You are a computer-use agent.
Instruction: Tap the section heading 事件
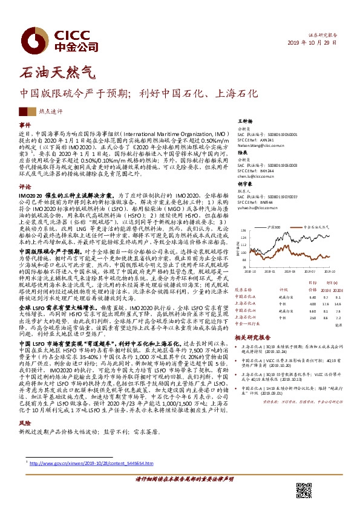coord(25,124)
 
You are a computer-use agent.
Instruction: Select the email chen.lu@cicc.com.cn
coord(254,176)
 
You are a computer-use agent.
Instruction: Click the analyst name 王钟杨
coord(243,121)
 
